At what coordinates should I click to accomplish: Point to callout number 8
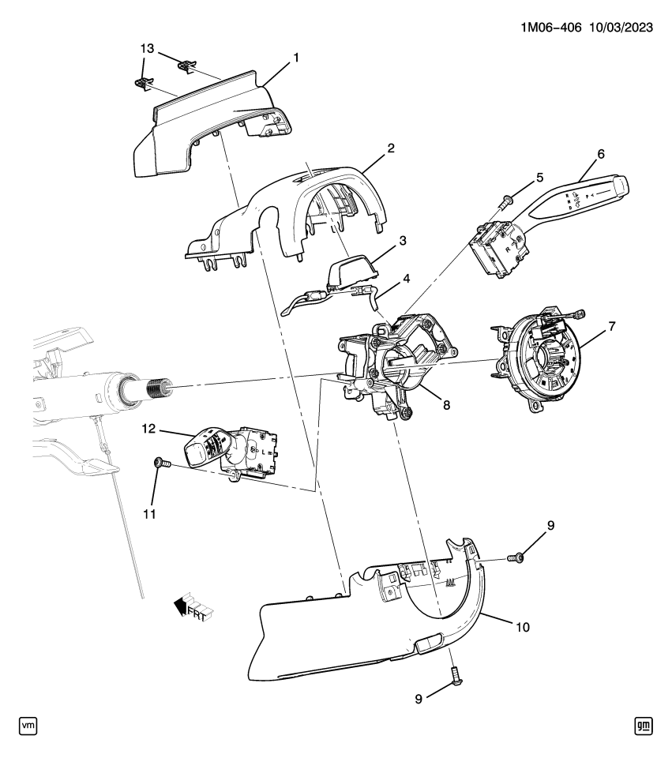[446, 403]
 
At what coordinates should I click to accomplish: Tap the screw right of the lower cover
[517, 558]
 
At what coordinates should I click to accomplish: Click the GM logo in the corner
[644, 725]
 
